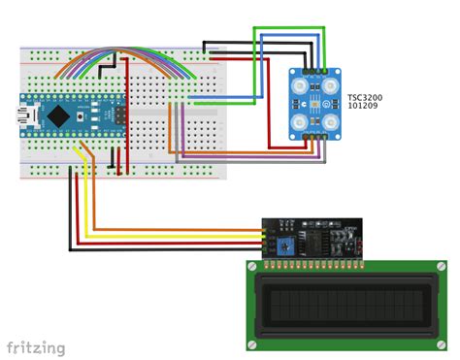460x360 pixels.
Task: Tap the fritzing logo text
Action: (36, 347)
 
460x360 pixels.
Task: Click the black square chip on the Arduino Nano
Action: (60, 115)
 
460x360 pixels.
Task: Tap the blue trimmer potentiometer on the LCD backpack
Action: (284, 245)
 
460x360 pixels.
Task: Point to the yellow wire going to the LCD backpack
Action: (175, 235)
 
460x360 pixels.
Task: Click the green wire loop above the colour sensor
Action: (291, 28)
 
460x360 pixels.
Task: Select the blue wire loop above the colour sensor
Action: (291, 38)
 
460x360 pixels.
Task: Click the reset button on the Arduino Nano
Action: (94, 115)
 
